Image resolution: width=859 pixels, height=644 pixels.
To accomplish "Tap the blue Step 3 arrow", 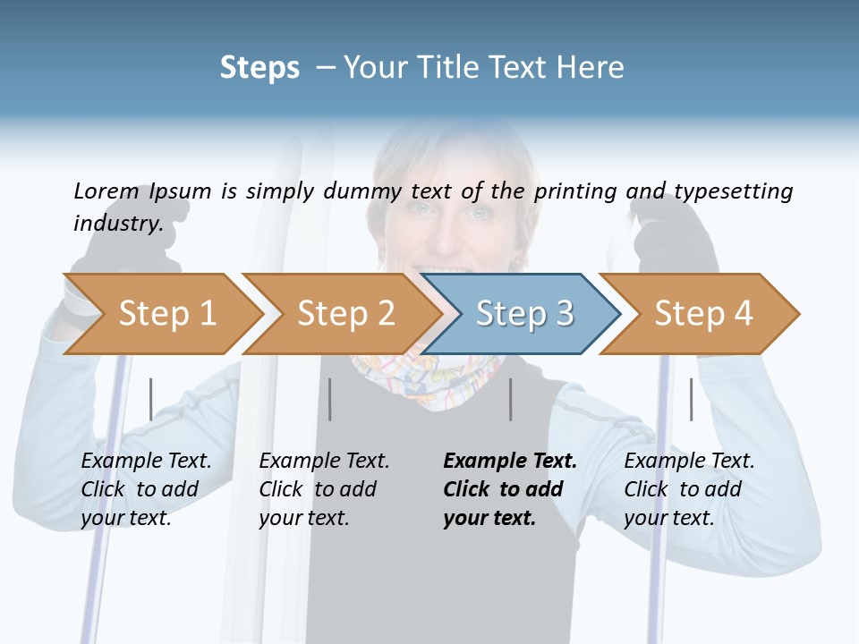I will coord(523,314).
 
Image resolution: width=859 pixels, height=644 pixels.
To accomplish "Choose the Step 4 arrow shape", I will coord(702,314).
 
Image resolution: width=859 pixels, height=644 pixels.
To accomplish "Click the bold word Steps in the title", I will coord(259,68).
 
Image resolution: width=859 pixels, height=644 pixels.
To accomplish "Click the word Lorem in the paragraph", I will coord(106,191).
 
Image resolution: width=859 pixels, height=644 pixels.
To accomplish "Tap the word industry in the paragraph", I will coord(118,223).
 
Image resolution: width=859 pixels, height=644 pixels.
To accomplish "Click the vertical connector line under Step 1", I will coord(150,399).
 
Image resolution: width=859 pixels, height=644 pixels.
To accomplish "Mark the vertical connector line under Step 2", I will coord(330,399).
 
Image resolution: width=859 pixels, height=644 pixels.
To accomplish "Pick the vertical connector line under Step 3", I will coord(510,399).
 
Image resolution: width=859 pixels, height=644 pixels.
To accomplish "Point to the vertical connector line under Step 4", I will coord(691,399).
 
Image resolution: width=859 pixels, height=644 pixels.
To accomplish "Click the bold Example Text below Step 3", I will coord(510,462).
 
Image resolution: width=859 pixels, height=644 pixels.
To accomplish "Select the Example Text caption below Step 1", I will coord(146,462).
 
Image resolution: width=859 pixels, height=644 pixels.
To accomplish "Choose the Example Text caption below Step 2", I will coord(324,462).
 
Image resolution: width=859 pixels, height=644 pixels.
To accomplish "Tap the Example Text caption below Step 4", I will coord(689,462).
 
